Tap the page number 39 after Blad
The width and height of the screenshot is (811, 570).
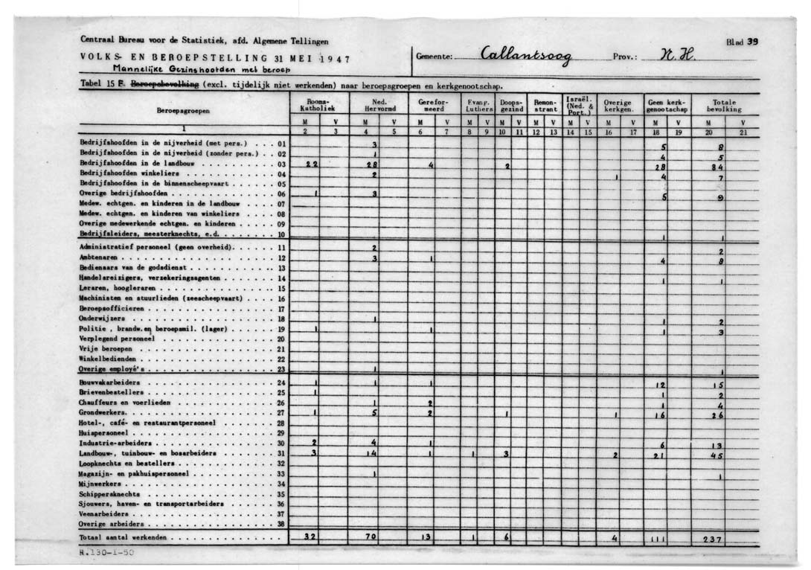752,42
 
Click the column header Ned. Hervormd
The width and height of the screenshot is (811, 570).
378,105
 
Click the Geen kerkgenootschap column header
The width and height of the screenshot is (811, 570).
665,105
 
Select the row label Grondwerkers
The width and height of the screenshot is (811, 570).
103,412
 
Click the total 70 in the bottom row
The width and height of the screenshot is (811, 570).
372,537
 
